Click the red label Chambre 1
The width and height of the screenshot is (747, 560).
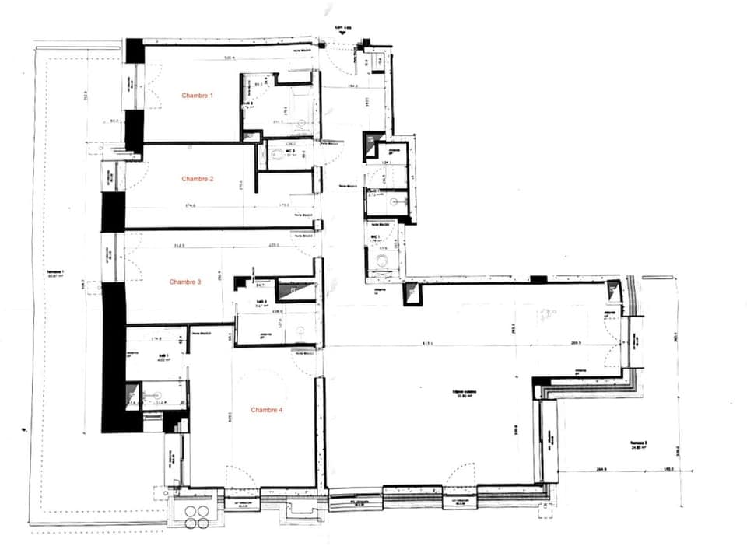click(x=198, y=96)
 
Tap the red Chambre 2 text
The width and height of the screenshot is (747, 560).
click(x=198, y=179)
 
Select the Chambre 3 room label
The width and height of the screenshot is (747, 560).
click(x=185, y=282)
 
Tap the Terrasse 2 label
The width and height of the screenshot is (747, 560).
click(x=640, y=446)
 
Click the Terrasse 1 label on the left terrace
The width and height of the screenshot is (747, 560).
click(x=55, y=274)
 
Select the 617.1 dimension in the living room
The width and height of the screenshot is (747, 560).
click(x=428, y=345)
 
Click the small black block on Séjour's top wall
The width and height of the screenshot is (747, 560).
click(x=538, y=278)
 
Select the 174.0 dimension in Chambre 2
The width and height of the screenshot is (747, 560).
click(x=190, y=206)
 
